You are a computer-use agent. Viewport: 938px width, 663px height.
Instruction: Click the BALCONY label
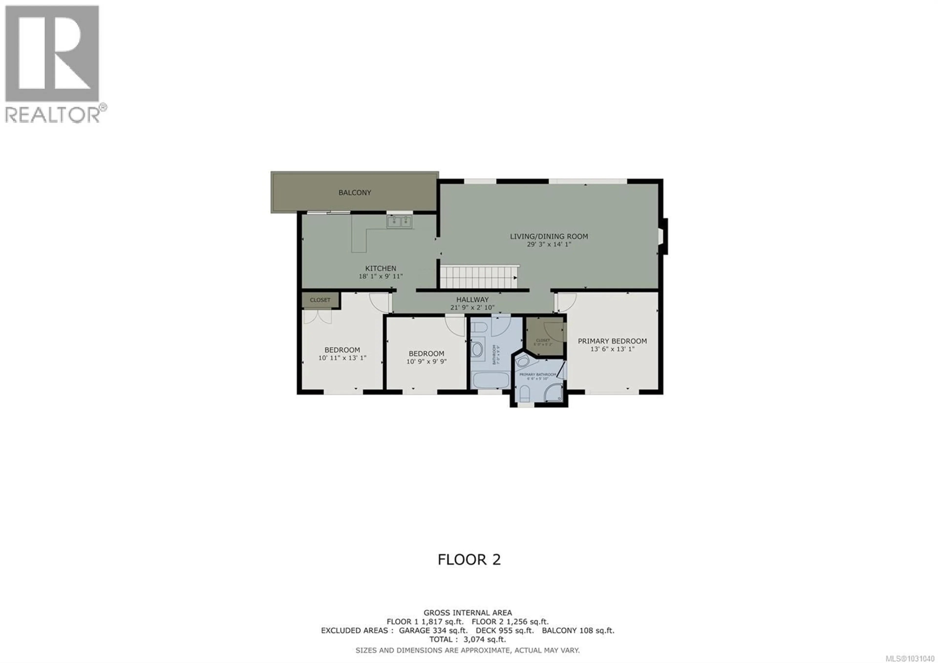tap(355, 193)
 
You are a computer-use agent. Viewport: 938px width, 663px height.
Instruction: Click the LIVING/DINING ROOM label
tap(549, 236)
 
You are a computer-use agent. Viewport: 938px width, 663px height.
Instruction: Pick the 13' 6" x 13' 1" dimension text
tap(612, 349)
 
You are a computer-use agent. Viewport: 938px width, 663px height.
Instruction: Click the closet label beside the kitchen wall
tap(320, 300)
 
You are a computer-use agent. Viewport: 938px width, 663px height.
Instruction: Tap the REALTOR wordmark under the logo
tap(52, 114)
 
